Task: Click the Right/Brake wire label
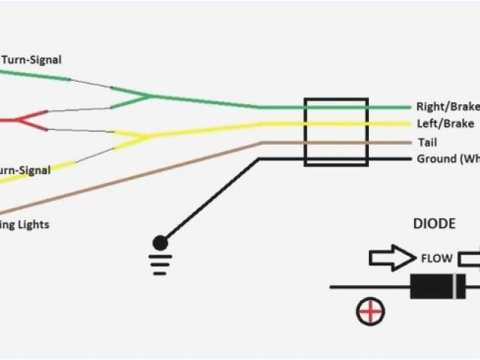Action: tap(447, 107)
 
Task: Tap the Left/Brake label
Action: tap(444, 124)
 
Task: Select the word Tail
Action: tap(425, 142)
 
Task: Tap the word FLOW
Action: tap(436, 259)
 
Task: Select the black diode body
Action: tap(438, 286)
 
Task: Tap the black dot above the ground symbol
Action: tap(160, 242)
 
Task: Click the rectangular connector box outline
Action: tap(335, 131)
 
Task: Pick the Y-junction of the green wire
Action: tap(148, 96)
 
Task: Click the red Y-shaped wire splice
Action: tap(22, 118)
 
